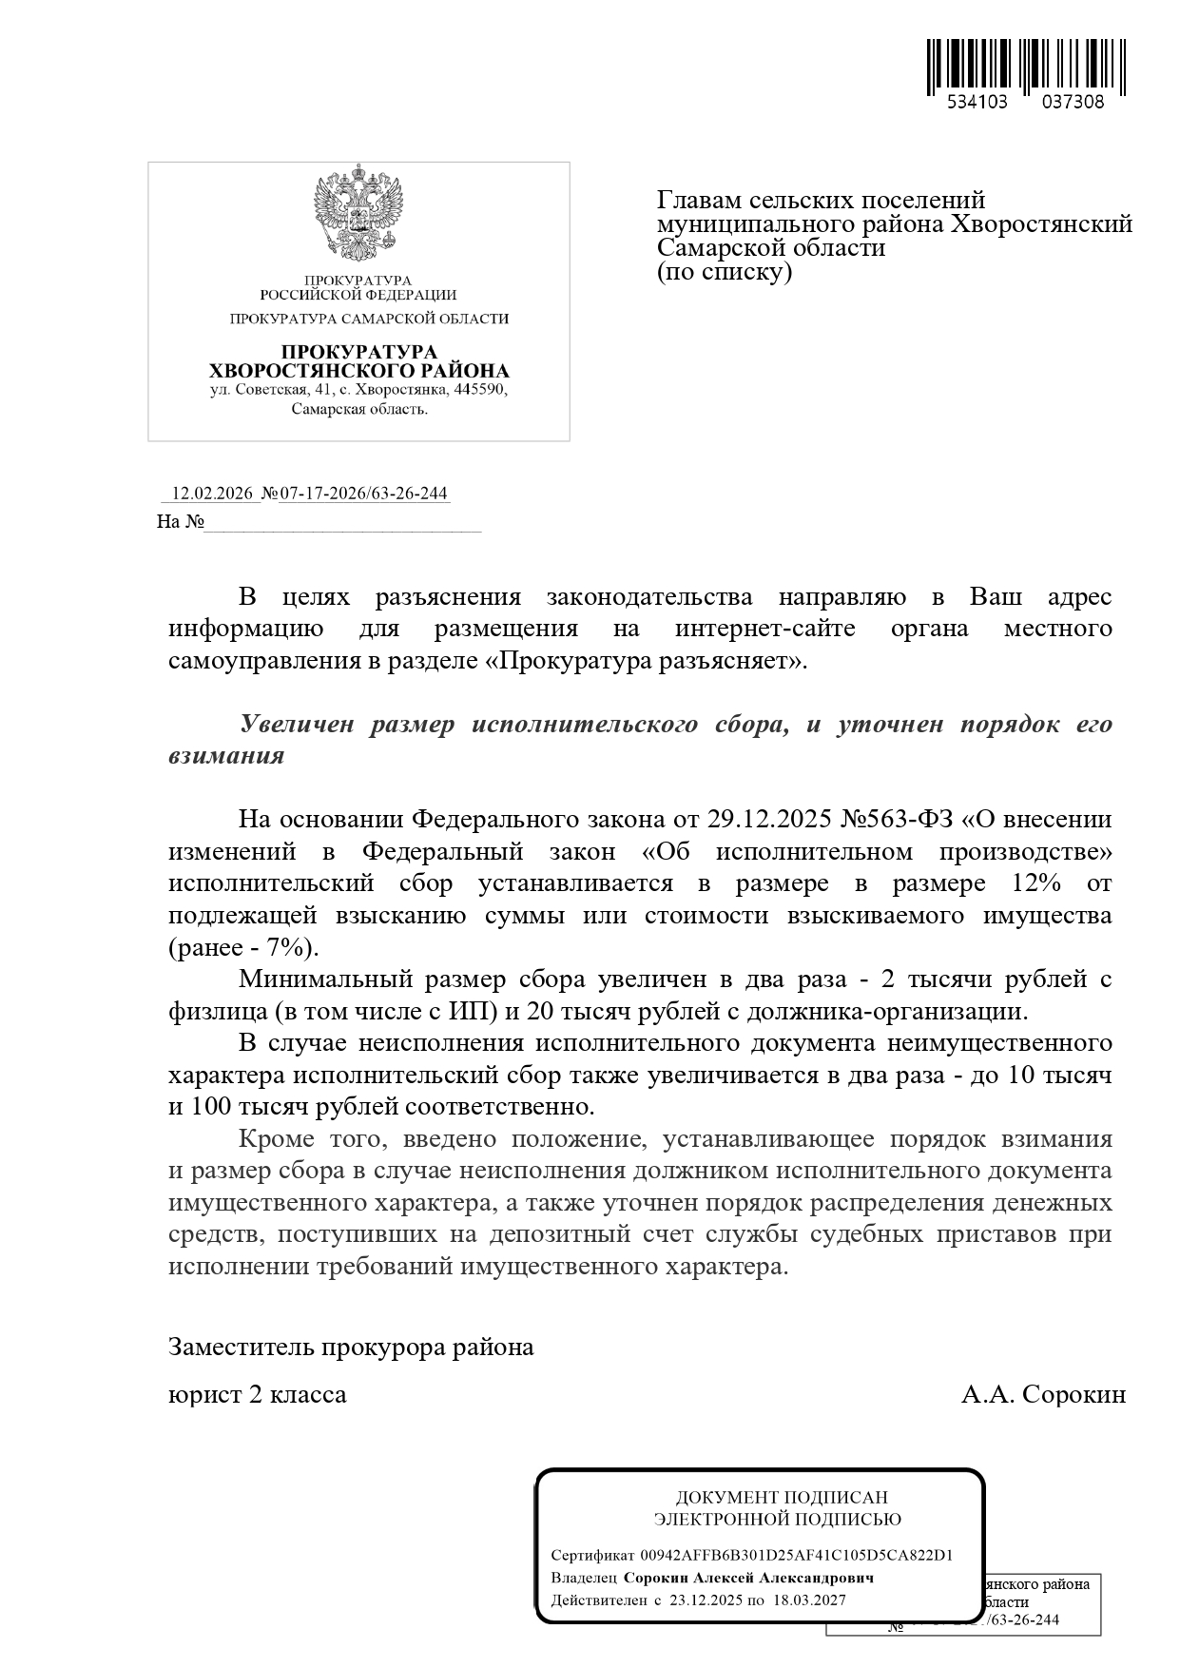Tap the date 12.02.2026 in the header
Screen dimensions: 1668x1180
coord(211,494)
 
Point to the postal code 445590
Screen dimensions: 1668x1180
coord(479,390)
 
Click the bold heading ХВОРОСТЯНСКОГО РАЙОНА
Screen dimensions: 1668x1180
coord(358,371)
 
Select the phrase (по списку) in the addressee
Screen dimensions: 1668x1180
coord(725,272)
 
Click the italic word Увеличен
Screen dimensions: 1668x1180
coord(296,724)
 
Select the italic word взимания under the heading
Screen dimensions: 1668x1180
coord(226,756)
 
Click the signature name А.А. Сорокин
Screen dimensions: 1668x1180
coord(1043,1395)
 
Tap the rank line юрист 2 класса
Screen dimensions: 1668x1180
coord(257,1395)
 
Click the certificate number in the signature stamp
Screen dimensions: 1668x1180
coord(797,1556)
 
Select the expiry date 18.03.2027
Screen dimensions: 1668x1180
coord(808,1600)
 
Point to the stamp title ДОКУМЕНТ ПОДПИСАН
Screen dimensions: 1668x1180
coord(782,1498)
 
